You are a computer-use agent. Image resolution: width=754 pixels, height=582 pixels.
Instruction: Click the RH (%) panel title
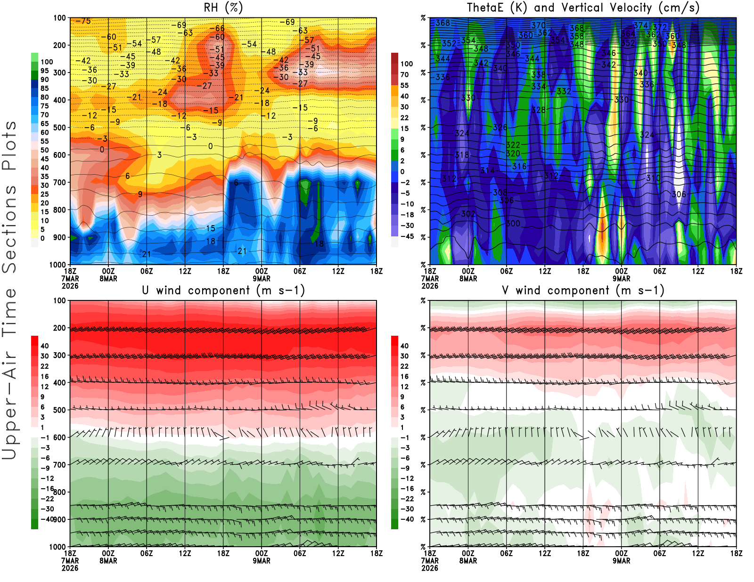point(223,8)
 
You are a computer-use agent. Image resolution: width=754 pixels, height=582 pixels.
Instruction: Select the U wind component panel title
point(223,291)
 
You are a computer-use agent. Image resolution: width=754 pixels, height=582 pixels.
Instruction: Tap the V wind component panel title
point(583,291)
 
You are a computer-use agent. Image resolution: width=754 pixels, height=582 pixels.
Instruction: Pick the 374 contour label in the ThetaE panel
point(640,25)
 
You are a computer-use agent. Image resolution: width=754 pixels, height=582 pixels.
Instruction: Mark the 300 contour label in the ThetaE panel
point(513,223)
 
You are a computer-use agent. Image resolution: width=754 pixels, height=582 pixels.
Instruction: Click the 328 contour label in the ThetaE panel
point(538,110)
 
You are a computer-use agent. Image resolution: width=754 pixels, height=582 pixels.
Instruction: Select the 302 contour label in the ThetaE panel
point(468,213)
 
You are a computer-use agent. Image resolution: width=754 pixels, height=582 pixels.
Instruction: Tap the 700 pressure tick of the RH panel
point(60,182)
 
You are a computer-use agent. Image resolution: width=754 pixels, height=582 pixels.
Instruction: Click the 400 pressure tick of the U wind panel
point(60,382)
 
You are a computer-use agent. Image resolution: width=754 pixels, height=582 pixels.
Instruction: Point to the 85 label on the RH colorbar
point(45,88)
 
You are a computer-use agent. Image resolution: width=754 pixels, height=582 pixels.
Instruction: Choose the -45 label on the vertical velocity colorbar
point(407,236)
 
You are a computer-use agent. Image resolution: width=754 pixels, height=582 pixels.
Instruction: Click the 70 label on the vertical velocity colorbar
point(404,74)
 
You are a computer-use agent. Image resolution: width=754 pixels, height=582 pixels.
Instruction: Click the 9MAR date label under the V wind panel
point(621,561)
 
